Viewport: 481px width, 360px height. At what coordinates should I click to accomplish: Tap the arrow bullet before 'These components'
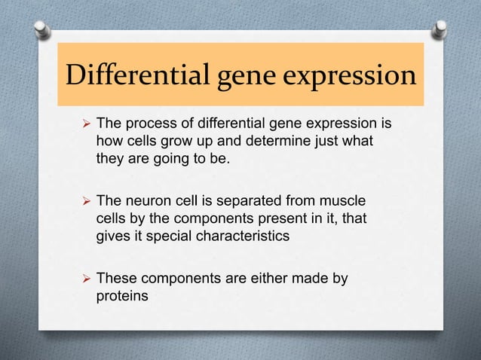(x=85, y=279)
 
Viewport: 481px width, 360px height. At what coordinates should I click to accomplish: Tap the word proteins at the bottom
(x=122, y=297)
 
